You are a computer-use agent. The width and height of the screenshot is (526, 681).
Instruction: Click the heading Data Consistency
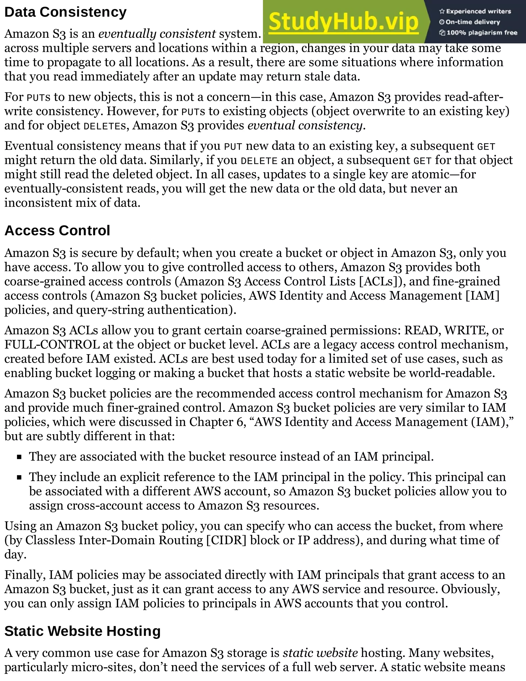point(65,13)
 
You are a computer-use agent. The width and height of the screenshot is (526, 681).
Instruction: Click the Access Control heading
point(57,231)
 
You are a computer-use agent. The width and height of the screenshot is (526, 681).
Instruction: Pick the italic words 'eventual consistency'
point(305,126)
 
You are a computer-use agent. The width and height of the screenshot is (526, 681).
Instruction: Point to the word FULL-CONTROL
point(52,345)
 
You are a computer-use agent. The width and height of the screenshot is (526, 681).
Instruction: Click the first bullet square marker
point(19,457)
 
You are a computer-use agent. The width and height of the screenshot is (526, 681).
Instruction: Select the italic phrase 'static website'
point(320,653)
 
